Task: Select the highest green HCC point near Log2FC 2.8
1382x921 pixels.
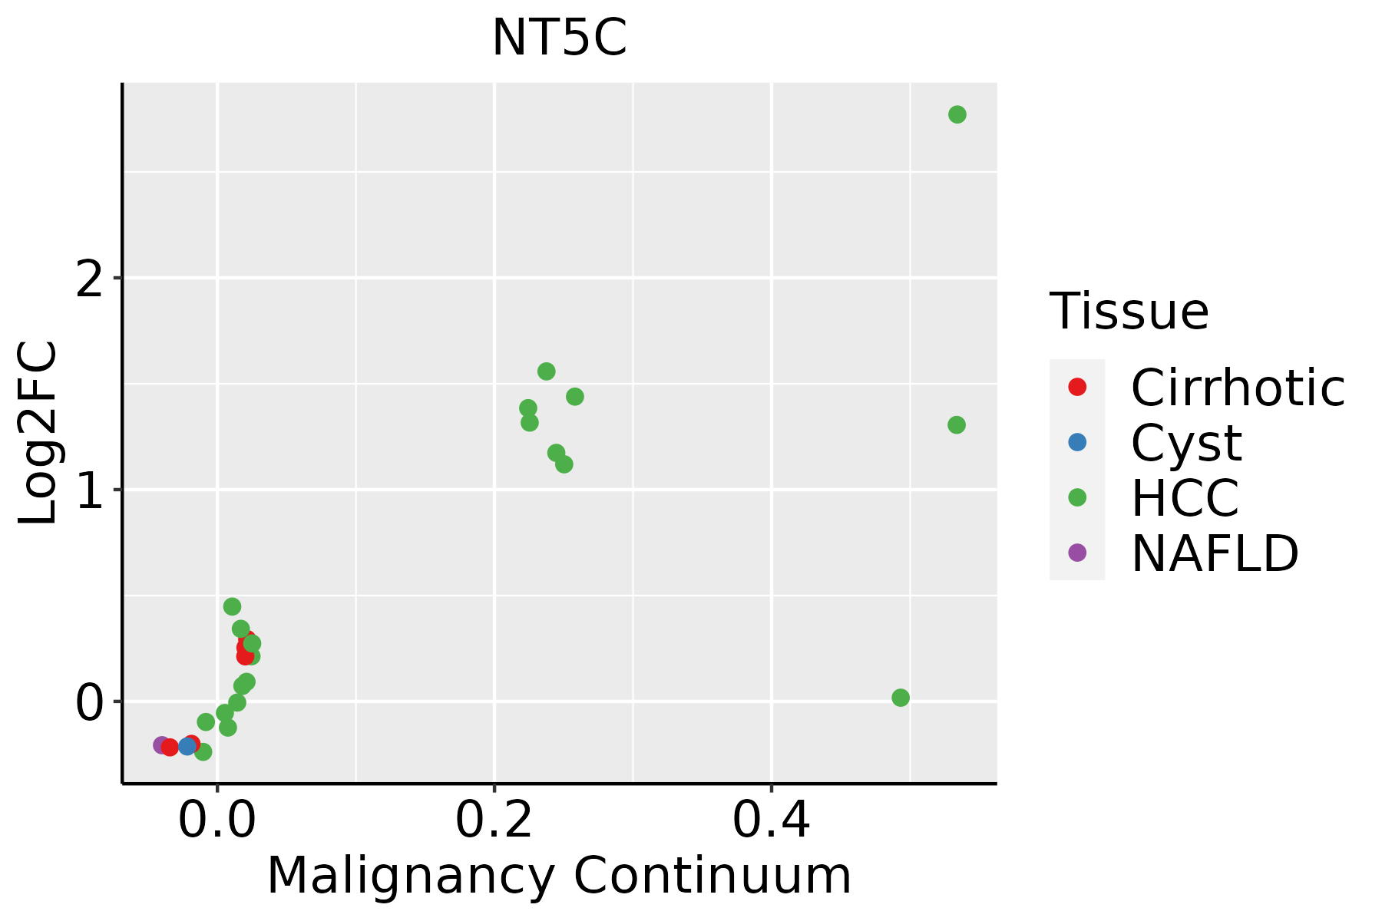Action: coord(957,114)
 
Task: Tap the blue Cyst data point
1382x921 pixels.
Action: coord(187,746)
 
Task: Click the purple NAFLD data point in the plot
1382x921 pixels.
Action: coord(161,744)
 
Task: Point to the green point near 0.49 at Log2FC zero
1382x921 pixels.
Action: coord(901,698)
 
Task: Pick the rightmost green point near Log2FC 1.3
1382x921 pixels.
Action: coord(956,424)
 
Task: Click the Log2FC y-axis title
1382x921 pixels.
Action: coord(38,433)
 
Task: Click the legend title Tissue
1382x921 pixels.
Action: coord(1129,312)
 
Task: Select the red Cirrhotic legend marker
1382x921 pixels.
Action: coord(1077,387)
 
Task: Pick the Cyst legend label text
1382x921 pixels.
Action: coord(1186,443)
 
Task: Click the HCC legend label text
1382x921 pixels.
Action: coord(1185,498)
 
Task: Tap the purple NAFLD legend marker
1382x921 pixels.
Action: coord(1077,553)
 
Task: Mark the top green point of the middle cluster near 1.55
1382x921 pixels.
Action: coord(546,371)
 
